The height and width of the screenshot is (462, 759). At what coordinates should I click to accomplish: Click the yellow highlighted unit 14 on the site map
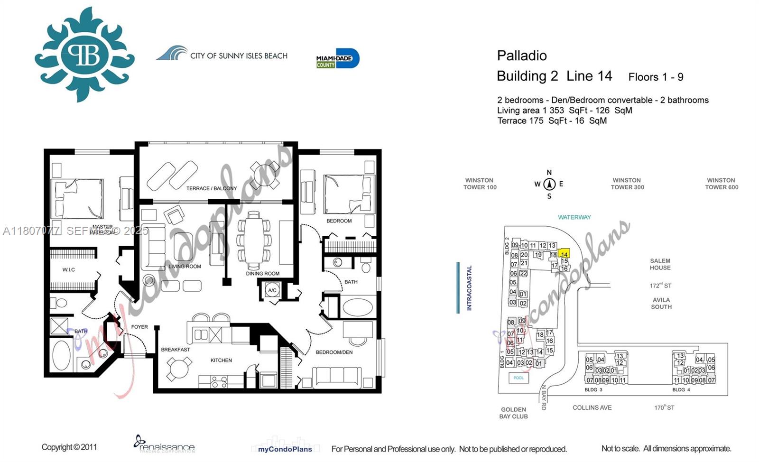564,254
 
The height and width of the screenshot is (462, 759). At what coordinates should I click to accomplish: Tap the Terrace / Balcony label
211,188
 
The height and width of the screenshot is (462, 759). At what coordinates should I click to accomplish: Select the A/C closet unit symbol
272,290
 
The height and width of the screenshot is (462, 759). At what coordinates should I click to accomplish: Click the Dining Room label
262,274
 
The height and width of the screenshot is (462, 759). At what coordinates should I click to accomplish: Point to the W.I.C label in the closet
69,270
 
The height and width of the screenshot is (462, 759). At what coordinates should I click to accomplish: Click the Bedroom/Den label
334,352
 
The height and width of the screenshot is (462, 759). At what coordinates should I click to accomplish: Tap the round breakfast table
179,368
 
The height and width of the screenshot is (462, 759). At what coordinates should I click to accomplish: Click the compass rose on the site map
549,184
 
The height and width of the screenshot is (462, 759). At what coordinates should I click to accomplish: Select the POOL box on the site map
518,378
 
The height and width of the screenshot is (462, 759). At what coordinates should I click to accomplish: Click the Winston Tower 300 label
627,184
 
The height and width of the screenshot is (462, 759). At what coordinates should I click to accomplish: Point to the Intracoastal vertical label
469,288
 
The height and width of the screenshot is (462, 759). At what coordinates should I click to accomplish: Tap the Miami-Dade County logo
338,59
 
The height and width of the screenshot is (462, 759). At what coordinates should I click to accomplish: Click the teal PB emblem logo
85,55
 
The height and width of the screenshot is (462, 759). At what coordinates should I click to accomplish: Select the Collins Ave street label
592,407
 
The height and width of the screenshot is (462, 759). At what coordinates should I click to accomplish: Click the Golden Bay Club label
513,413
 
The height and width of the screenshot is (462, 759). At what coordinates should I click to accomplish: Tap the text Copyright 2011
69,447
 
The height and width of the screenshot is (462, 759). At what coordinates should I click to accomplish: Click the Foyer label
139,327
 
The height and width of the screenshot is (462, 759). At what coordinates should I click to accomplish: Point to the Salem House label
660,264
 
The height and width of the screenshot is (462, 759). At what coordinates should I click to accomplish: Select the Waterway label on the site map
574,217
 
